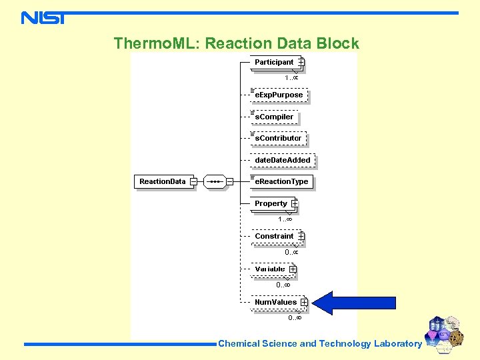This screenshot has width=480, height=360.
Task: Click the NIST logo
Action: point(43,17)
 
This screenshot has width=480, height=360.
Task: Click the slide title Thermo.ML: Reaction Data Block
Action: point(236,44)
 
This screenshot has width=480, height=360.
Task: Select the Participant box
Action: point(274,62)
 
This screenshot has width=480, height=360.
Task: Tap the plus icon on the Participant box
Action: point(301,62)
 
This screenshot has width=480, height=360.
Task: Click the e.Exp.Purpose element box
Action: point(279,95)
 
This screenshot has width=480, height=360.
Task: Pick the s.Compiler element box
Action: point(274,117)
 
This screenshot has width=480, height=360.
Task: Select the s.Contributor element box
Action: point(278,138)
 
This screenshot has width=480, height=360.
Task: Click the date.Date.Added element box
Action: point(283,160)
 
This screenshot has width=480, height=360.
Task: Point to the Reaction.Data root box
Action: point(163,181)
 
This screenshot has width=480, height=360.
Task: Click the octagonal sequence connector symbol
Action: point(214,181)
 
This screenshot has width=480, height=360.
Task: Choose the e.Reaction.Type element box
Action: point(281,181)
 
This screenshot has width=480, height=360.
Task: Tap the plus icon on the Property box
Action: point(295,203)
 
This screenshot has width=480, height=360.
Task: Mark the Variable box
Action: point(270,269)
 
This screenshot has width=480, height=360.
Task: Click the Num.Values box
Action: point(275,302)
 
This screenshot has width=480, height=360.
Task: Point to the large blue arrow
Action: point(353,303)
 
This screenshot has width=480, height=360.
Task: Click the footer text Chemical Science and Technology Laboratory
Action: point(320,344)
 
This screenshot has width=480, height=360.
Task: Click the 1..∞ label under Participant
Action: point(291,78)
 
